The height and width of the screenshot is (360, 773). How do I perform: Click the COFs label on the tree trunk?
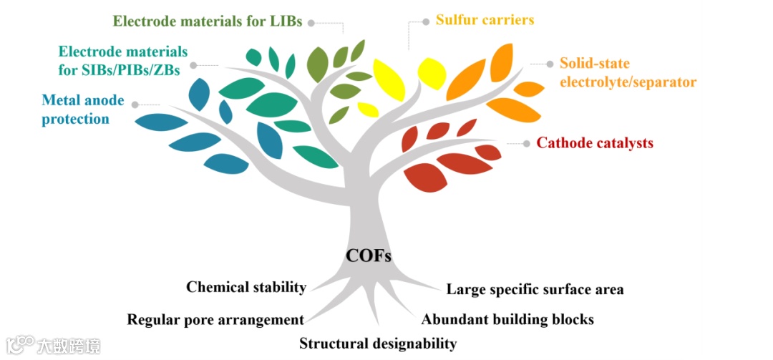tap(369, 256)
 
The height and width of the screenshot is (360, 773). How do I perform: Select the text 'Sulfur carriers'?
tap(485, 20)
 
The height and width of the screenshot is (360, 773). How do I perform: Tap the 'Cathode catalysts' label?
tap(595, 143)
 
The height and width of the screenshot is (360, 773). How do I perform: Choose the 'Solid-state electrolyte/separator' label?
tap(628, 72)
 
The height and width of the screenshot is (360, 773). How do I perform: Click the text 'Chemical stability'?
tap(246, 288)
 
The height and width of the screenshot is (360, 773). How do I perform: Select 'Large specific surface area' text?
tap(535, 290)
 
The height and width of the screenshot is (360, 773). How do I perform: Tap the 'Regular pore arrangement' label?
tap(215, 319)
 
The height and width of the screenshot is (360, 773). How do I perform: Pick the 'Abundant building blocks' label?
tap(507, 319)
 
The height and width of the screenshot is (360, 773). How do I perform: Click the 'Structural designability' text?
tap(377, 344)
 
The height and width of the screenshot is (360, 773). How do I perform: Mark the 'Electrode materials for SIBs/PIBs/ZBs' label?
tap(122, 61)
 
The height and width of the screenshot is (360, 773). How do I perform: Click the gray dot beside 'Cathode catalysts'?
tap(528, 143)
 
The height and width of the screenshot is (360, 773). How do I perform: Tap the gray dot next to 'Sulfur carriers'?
tap(427, 21)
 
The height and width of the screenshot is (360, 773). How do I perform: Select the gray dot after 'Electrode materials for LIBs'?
tap(311, 22)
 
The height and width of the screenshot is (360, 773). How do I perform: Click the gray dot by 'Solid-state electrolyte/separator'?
tap(550, 64)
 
